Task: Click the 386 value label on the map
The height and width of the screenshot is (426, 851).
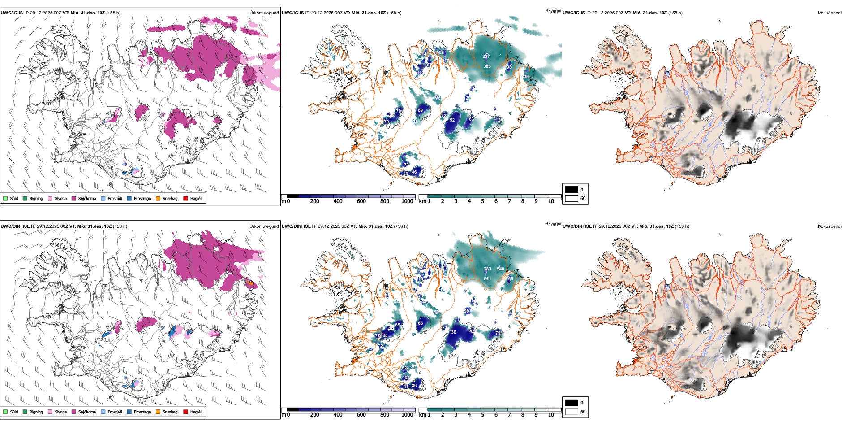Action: pos(487,66)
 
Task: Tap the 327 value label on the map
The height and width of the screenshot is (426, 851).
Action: pos(486,56)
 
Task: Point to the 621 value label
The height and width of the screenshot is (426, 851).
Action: pos(487,278)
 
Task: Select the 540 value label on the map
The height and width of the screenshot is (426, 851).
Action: pos(500,269)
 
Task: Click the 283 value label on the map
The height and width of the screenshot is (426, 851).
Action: pos(487,269)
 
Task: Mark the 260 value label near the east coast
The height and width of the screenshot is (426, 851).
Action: pos(526,77)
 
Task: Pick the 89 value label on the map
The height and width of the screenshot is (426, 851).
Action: pos(420,110)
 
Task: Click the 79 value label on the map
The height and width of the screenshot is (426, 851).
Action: pos(498,333)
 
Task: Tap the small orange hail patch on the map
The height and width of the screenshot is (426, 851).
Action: pos(250,283)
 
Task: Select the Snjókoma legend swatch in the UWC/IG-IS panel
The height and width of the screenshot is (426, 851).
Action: pos(74,198)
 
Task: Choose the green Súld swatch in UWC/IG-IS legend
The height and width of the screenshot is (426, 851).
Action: pos(5,198)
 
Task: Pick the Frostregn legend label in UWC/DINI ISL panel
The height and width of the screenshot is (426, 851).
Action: pos(142,412)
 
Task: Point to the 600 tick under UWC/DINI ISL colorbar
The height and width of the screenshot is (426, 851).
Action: pos(361,415)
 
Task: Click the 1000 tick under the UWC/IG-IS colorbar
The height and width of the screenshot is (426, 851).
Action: pos(407,201)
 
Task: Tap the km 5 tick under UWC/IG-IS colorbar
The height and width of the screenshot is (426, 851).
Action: pos(482,201)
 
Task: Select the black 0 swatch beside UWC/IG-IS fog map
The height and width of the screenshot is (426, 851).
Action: pos(571,189)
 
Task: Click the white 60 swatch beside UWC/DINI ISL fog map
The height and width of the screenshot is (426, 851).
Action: pos(571,412)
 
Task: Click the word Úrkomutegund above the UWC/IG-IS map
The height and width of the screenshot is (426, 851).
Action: pos(264,13)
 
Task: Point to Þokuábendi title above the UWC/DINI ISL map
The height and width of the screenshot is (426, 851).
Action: pos(830,226)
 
